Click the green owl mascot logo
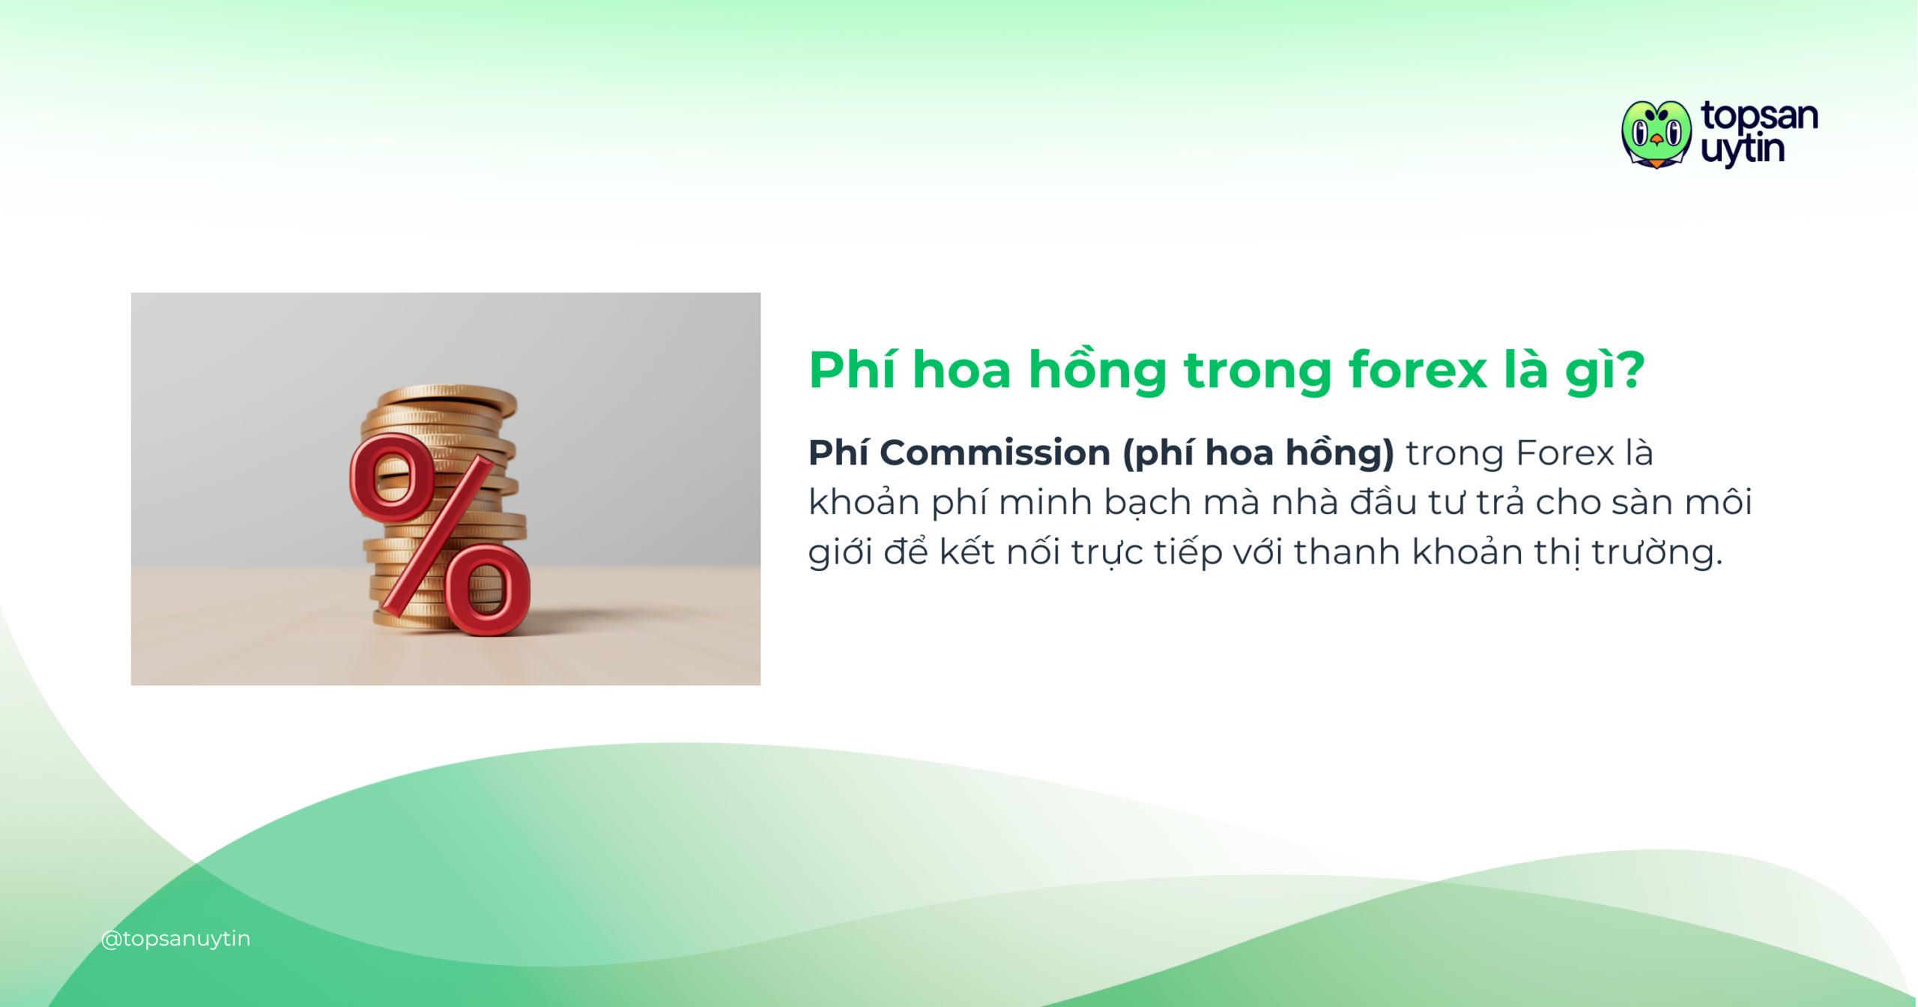click(x=1656, y=134)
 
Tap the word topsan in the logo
click(x=1759, y=116)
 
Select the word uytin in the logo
click(x=1743, y=150)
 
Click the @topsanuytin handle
click(x=176, y=938)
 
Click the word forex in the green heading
click(x=1418, y=370)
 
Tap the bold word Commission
click(x=995, y=453)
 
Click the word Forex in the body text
click(x=1564, y=453)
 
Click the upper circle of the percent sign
click(x=391, y=478)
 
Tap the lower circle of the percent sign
click(x=488, y=590)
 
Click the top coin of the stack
click(x=447, y=394)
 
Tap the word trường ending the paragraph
click(x=1657, y=552)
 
